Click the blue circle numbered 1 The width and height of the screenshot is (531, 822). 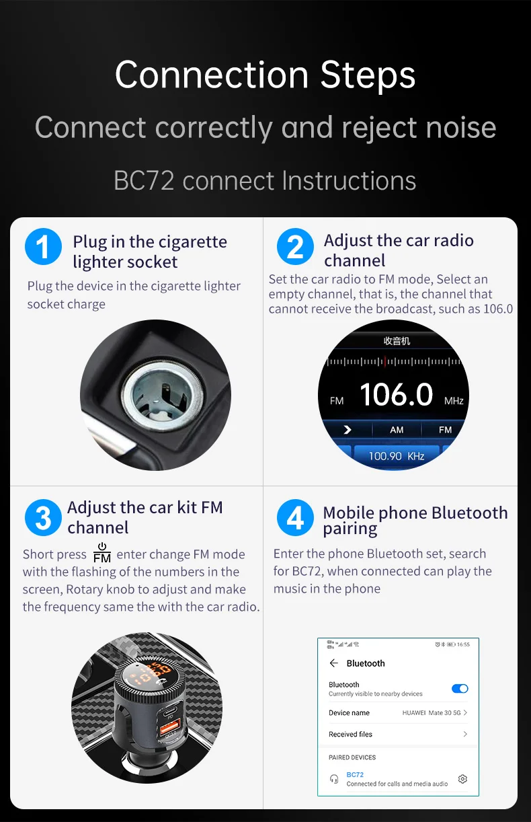click(x=43, y=247)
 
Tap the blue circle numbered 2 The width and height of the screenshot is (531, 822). click(x=295, y=247)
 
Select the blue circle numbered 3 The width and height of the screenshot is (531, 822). click(x=43, y=518)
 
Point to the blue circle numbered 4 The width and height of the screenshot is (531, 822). click(x=295, y=518)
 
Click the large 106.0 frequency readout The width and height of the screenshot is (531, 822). click(x=396, y=396)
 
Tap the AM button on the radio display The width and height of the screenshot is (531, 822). click(x=397, y=430)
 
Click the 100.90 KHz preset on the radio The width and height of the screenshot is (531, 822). click(x=396, y=456)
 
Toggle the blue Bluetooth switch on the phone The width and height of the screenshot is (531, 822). click(x=460, y=689)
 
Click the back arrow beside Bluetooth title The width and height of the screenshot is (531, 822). click(x=334, y=663)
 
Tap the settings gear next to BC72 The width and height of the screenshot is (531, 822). click(x=462, y=779)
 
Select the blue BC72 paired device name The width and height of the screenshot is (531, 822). click(x=355, y=775)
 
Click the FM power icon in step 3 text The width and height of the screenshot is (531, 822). click(x=102, y=553)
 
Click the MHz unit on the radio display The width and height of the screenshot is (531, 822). click(x=454, y=401)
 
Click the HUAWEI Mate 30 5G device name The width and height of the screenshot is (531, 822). click(x=432, y=712)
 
